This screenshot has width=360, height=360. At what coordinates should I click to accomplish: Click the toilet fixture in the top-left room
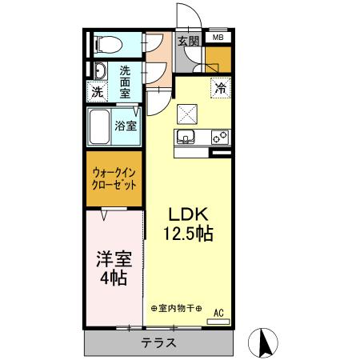click(106, 44)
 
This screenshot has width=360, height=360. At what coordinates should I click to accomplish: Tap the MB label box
click(218, 37)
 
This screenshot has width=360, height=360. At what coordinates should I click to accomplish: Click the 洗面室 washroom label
click(126, 80)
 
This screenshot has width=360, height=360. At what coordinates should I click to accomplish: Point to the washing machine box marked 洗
click(97, 92)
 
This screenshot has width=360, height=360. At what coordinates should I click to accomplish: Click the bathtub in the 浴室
click(100, 126)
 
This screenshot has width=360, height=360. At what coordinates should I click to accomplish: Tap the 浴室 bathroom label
click(126, 126)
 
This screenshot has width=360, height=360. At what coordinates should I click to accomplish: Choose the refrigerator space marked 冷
click(219, 89)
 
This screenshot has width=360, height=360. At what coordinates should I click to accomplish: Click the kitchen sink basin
click(186, 137)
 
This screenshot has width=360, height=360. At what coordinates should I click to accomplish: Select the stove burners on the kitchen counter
click(219, 137)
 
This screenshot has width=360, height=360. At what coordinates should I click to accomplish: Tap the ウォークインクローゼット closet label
click(113, 178)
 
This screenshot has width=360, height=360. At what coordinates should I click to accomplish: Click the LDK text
click(187, 214)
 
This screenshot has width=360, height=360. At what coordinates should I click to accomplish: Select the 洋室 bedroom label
click(112, 260)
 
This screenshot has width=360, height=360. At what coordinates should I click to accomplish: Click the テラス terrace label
click(159, 342)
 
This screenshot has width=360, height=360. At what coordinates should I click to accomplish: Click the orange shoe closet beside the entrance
click(216, 58)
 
